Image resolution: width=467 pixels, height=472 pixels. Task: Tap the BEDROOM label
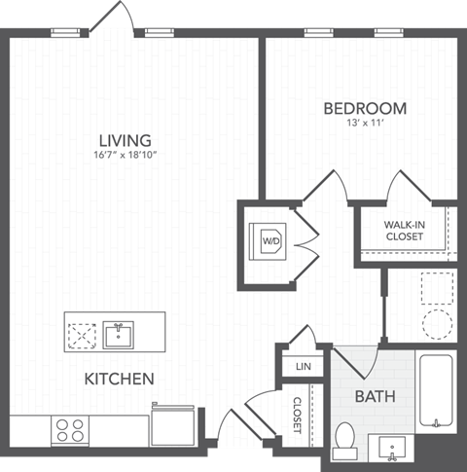click(365, 108)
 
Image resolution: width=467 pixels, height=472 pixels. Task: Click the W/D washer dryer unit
click(269, 239)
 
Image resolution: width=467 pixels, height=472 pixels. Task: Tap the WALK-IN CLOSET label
click(403, 230)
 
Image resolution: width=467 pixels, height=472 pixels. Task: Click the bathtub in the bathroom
click(437, 391)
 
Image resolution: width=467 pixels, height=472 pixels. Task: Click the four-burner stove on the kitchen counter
click(69, 429)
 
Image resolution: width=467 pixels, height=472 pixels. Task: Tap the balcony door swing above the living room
click(120, 17)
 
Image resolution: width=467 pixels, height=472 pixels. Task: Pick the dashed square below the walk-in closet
click(437, 287)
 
